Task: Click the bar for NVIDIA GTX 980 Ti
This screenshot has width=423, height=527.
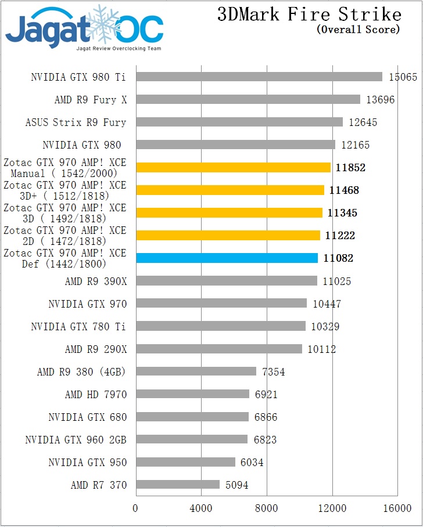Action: tap(259, 77)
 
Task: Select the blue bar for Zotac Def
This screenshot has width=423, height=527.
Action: tap(227, 258)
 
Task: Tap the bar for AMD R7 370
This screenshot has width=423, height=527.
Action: tap(178, 485)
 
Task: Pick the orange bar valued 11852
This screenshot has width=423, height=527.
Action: tap(233, 168)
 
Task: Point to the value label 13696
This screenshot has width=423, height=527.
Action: tap(380, 100)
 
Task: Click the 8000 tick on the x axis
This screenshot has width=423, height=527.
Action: tap(267, 508)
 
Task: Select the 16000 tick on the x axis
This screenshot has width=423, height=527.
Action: tap(397, 508)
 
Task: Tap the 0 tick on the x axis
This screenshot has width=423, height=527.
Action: tap(136, 508)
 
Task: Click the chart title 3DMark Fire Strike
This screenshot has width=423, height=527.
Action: tap(309, 15)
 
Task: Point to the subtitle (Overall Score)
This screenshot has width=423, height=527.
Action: tap(359, 30)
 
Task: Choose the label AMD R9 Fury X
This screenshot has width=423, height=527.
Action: tap(91, 100)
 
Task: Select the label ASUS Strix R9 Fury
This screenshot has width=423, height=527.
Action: tap(76, 122)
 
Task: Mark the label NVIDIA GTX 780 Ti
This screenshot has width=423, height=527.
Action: tap(78, 327)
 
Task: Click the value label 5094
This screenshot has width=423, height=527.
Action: tap(237, 485)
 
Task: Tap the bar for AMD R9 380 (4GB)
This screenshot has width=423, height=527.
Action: tap(196, 371)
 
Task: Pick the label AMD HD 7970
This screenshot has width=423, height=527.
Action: tap(96, 395)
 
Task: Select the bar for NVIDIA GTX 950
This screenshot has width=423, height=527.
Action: tap(185, 462)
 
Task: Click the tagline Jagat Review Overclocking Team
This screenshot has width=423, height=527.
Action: tap(119, 48)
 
